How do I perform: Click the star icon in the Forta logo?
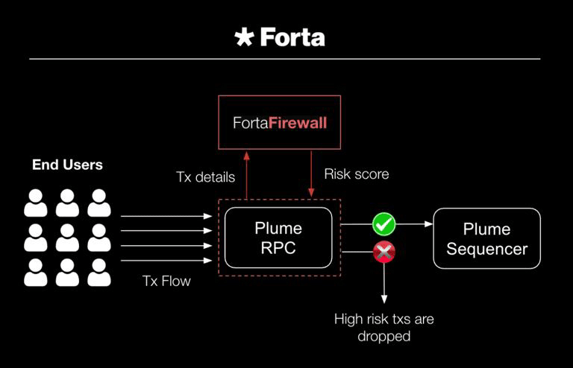click(x=244, y=37)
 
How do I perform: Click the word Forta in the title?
click(x=292, y=37)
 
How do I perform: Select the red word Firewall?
click(x=298, y=123)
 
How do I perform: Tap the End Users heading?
click(x=67, y=165)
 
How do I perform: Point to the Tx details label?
click(x=205, y=177)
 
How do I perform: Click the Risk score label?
click(x=357, y=174)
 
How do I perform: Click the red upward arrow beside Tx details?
click(x=247, y=175)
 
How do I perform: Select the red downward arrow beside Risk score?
click(x=311, y=174)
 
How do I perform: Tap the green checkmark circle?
click(x=383, y=224)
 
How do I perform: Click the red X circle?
click(x=384, y=252)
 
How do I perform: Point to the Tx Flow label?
click(x=166, y=281)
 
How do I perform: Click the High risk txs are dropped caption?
click(x=384, y=328)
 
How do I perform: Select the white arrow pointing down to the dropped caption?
click(x=384, y=283)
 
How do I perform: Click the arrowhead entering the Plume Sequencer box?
click(x=429, y=224)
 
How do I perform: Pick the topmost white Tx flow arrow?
click(x=166, y=216)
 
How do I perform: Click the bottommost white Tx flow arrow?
click(x=166, y=261)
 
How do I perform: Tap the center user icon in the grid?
click(x=67, y=238)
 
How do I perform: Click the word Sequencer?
click(x=486, y=249)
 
